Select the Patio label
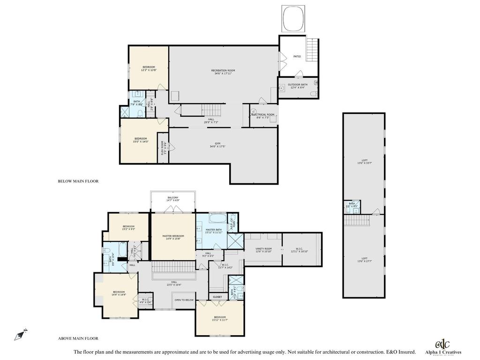tap(297, 56)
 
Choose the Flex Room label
tap(163, 148)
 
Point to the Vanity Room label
tap(264, 250)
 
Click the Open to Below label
tap(184, 300)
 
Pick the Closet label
tap(217, 297)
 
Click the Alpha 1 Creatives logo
tap(442, 346)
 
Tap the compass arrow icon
tap(20, 335)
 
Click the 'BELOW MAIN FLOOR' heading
tap(78, 181)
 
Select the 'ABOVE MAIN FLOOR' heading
tap(78, 338)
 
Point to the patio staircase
tap(312, 49)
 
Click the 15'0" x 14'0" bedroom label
tap(141, 140)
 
